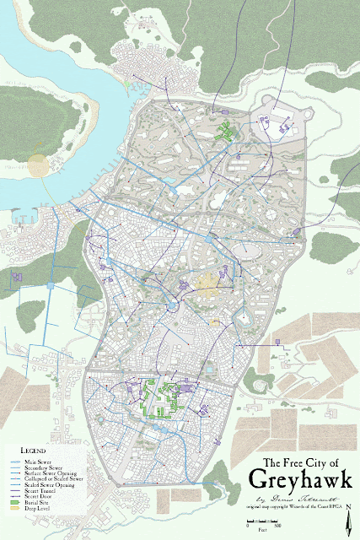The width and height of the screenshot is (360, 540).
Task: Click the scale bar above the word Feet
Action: (263, 524)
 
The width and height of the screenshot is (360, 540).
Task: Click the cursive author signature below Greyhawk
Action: (291, 499)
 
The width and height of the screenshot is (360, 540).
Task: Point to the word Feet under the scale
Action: (263, 532)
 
